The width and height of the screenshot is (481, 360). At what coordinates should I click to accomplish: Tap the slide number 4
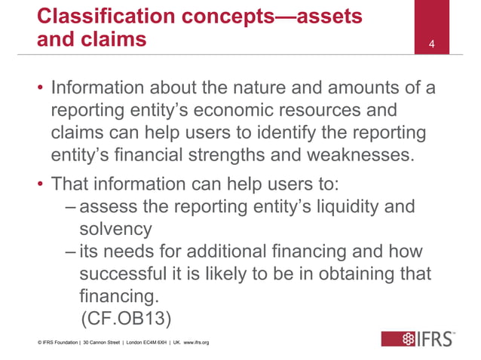431,44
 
